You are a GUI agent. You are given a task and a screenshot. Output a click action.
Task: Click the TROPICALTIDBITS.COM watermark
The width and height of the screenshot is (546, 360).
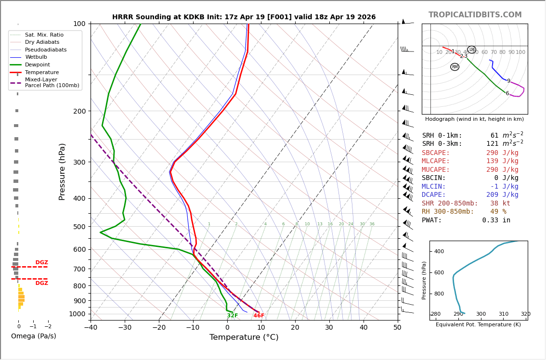tap(475, 15)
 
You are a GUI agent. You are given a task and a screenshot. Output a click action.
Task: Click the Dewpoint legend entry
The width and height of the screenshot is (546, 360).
tap(37, 65)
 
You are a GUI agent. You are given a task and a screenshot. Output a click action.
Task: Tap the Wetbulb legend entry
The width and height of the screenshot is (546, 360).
tap(36, 57)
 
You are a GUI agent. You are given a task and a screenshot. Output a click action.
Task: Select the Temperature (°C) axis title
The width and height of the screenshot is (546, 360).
tap(244, 338)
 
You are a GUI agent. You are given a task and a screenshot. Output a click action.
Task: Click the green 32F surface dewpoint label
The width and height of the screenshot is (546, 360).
tap(232, 316)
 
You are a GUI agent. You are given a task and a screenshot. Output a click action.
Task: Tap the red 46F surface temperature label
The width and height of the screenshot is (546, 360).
tap(259, 316)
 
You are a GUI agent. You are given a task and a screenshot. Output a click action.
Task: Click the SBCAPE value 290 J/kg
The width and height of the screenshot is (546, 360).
tap(502, 153)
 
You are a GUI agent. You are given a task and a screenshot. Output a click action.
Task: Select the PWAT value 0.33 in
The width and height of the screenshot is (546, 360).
tap(496, 220)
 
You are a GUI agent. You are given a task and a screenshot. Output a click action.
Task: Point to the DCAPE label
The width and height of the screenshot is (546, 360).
tap(434, 195)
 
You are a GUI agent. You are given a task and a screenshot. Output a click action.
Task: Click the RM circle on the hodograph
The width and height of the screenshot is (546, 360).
tap(455, 67)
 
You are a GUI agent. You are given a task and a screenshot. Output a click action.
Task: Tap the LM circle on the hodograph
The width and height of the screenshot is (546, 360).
tap(472, 50)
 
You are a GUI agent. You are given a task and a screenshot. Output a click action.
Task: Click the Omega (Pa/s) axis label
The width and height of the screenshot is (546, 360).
tap(33, 336)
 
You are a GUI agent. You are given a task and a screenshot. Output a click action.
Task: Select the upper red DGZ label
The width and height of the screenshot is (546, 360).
tap(41, 263)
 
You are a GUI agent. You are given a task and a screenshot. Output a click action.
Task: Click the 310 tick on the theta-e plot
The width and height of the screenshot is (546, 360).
tap(503, 314)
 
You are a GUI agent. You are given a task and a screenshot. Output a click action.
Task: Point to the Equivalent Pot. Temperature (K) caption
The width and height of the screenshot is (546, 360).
tap(478, 325)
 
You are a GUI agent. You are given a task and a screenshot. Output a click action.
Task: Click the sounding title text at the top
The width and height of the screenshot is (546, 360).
tap(244, 17)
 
